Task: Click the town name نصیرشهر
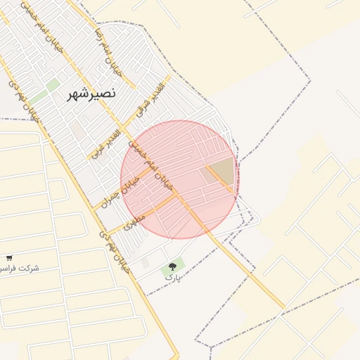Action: click(x=91, y=94)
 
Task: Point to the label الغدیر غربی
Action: click(x=105, y=143)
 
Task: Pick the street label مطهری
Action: click(x=134, y=222)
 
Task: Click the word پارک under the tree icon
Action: click(x=173, y=278)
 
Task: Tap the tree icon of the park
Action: click(x=173, y=266)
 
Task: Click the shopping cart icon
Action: click(x=8, y=258)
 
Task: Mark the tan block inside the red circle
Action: click(x=219, y=172)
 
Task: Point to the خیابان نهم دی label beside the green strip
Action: click(x=23, y=98)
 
